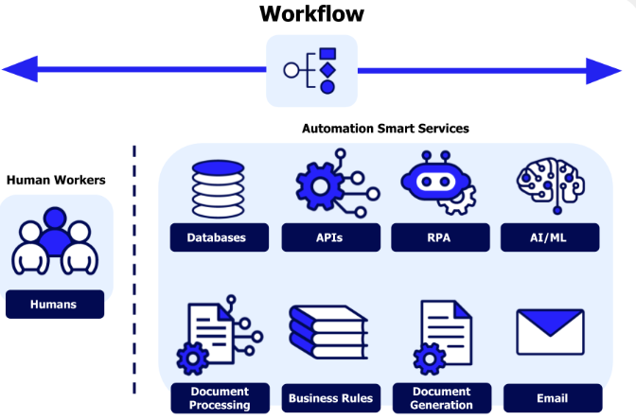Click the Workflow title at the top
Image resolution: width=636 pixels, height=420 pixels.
[312, 14]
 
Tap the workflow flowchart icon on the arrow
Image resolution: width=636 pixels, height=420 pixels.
[312, 71]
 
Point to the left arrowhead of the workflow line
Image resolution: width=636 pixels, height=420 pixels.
[19, 69]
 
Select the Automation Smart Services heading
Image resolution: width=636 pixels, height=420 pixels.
[385, 129]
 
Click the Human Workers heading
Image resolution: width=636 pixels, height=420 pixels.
[56, 180]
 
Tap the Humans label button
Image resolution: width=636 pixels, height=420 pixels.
[54, 305]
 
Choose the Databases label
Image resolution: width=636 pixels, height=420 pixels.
[217, 237]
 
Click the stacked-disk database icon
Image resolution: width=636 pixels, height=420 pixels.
[218, 189]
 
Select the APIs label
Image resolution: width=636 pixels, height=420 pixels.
[328, 237]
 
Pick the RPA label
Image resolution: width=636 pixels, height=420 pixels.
[439, 237]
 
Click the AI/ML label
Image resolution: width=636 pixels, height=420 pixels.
[550, 237]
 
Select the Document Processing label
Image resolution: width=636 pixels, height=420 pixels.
[219, 398]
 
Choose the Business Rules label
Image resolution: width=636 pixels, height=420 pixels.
[330, 398]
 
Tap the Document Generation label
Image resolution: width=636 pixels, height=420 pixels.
[441, 398]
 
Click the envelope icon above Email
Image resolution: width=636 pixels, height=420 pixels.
[550, 332]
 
